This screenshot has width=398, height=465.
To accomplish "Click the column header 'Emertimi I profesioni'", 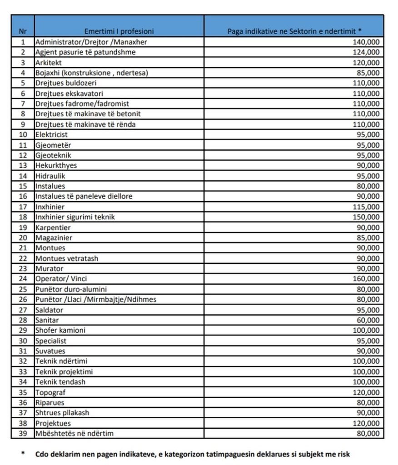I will click(x=119, y=31).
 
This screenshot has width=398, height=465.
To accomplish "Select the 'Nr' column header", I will click(x=22, y=31).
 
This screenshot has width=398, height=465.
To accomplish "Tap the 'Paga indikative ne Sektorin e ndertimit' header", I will click(x=294, y=31).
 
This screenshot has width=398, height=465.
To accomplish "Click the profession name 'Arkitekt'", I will click(x=48, y=62).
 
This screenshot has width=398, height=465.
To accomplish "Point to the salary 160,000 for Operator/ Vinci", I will click(x=366, y=279).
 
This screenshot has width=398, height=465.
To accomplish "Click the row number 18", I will click(x=23, y=217).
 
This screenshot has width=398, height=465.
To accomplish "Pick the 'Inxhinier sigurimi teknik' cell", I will click(x=75, y=217).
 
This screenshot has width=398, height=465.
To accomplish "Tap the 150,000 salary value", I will click(x=366, y=217).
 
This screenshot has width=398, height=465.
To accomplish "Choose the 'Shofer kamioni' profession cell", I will click(x=60, y=330).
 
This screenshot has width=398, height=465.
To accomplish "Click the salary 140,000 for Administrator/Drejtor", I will click(x=366, y=42).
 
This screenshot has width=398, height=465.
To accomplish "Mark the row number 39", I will click(x=23, y=433).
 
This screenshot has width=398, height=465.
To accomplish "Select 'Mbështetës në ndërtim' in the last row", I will click(x=74, y=433).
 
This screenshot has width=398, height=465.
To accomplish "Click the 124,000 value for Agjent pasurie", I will click(x=366, y=52).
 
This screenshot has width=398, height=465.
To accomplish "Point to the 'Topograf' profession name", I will click(x=47, y=392).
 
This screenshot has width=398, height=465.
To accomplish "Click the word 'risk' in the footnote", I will click(x=343, y=454).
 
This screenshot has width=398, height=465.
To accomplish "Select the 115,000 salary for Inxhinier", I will click(x=366, y=207).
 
